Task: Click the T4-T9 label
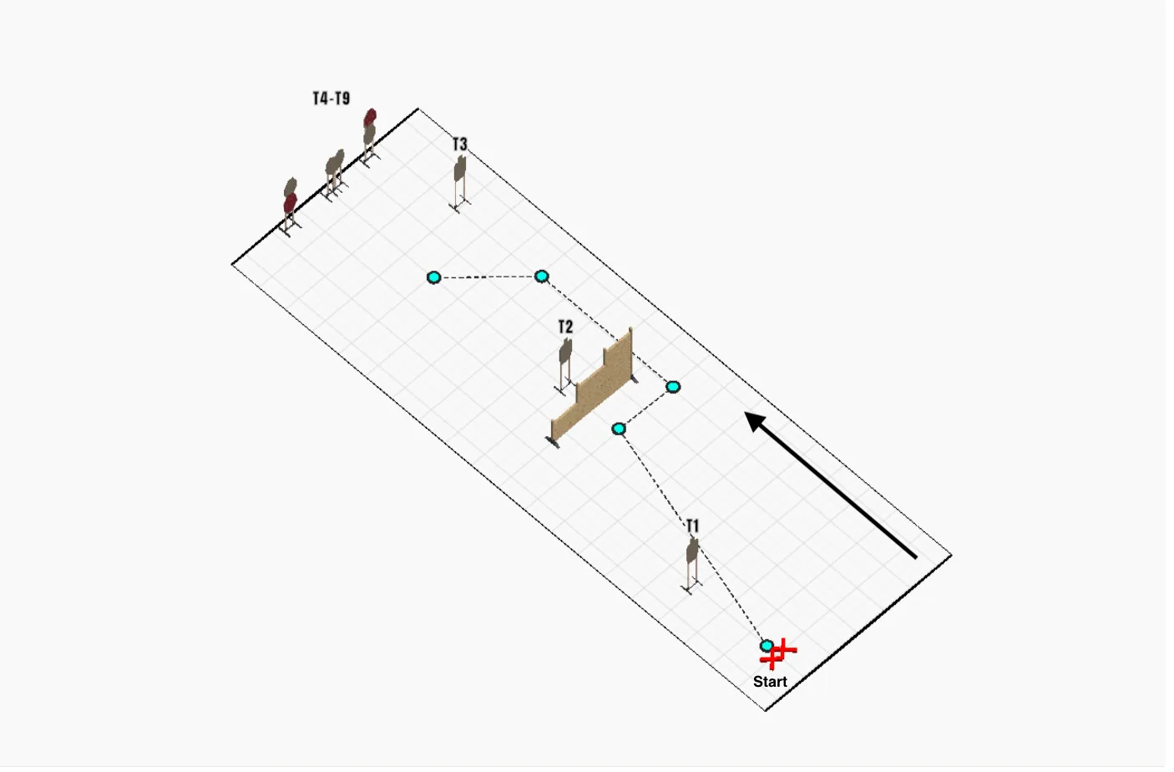pyautogui.click(x=331, y=98)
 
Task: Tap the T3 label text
pyautogui.click(x=459, y=145)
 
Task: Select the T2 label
pyautogui.click(x=565, y=328)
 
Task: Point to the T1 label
pyautogui.click(x=693, y=526)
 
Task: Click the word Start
pyautogui.click(x=770, y=682)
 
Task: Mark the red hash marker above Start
pyautogui.click(x=778, y=654)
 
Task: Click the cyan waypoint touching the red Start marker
pyautogui.click(x=767, y=646)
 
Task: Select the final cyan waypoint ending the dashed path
pyautogui.click(x=433, y=277)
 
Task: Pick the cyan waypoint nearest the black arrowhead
pyautogui.click(x=673, y=387)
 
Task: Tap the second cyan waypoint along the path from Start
pyautogui.click(x=619, y=429)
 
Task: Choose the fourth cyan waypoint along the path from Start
pyautogui.click(x=541, y=276)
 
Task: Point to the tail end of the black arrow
pyautogui.click(x=916, y=557)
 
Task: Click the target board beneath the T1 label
pyautogui.click(x=692, y=551)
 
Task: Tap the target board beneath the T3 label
pyautogui.click(x=460, y=168)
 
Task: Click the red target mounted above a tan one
pyautogui.click(x=371, y=117)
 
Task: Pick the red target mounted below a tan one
pyautogui.click(x=290, y=204)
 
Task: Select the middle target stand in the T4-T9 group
pyautogui.click(x=335, y=175)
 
